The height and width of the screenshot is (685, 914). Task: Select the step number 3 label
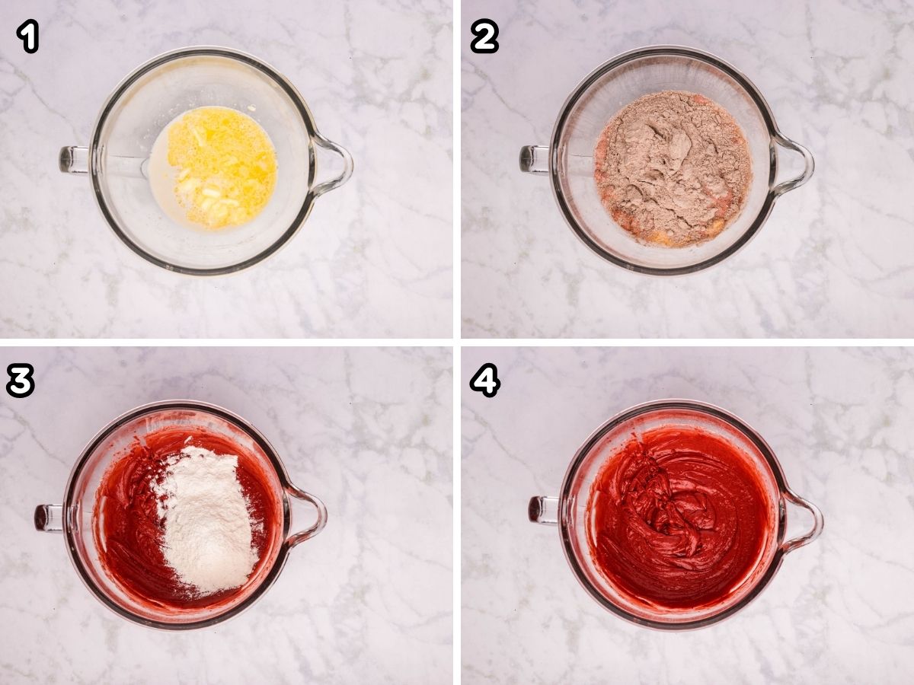(20, 380)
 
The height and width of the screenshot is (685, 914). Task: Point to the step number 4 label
(484, 380)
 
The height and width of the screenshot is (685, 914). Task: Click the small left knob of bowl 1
(73, 159)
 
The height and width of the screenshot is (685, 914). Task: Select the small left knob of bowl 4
(542, 509)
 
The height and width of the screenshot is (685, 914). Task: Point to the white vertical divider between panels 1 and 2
(456, 167)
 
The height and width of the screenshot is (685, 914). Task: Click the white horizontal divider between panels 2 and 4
(685, 342)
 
